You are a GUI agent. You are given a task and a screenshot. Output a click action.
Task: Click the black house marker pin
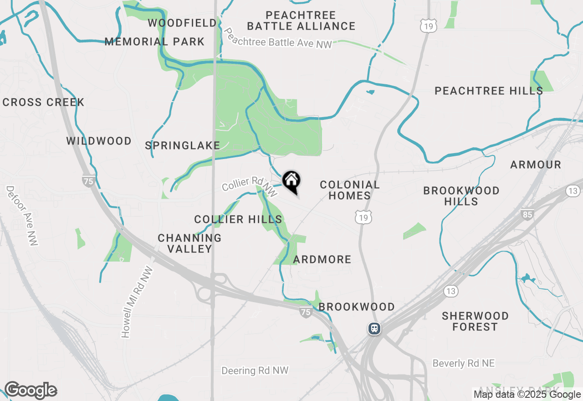coord(291,181)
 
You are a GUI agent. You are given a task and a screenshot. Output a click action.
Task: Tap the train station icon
coord(374,329)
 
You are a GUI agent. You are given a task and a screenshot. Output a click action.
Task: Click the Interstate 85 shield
coord(527,214)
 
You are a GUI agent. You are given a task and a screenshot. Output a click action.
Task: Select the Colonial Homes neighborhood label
coord(349,190)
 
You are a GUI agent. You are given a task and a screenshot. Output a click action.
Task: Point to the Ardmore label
coord(322,259)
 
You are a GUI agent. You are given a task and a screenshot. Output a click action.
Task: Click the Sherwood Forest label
coord(475,321)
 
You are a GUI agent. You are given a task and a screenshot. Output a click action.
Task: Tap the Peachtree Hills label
coord(488,91)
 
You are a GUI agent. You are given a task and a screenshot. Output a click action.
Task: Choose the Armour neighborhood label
coord(535,165)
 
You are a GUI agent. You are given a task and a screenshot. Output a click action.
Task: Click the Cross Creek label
coord(43,102)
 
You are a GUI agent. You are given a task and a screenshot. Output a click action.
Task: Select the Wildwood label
coord(99,141)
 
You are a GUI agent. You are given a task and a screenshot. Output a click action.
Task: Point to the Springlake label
coord(182,146)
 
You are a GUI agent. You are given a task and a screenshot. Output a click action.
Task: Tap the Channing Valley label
coord(189,243)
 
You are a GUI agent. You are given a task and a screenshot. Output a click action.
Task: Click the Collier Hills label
coord(238,220)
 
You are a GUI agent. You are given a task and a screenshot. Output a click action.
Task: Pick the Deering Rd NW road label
coord(255,370)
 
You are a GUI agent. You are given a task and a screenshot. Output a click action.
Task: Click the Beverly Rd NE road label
coord(463,363)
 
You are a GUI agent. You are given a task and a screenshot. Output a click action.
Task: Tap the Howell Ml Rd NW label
coord(137,302)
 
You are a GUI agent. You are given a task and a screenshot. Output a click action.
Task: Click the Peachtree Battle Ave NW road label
coord(278,39)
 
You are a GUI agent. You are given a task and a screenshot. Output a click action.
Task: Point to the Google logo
coord(31,391)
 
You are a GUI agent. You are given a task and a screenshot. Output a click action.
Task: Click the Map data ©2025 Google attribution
coord(527,395)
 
